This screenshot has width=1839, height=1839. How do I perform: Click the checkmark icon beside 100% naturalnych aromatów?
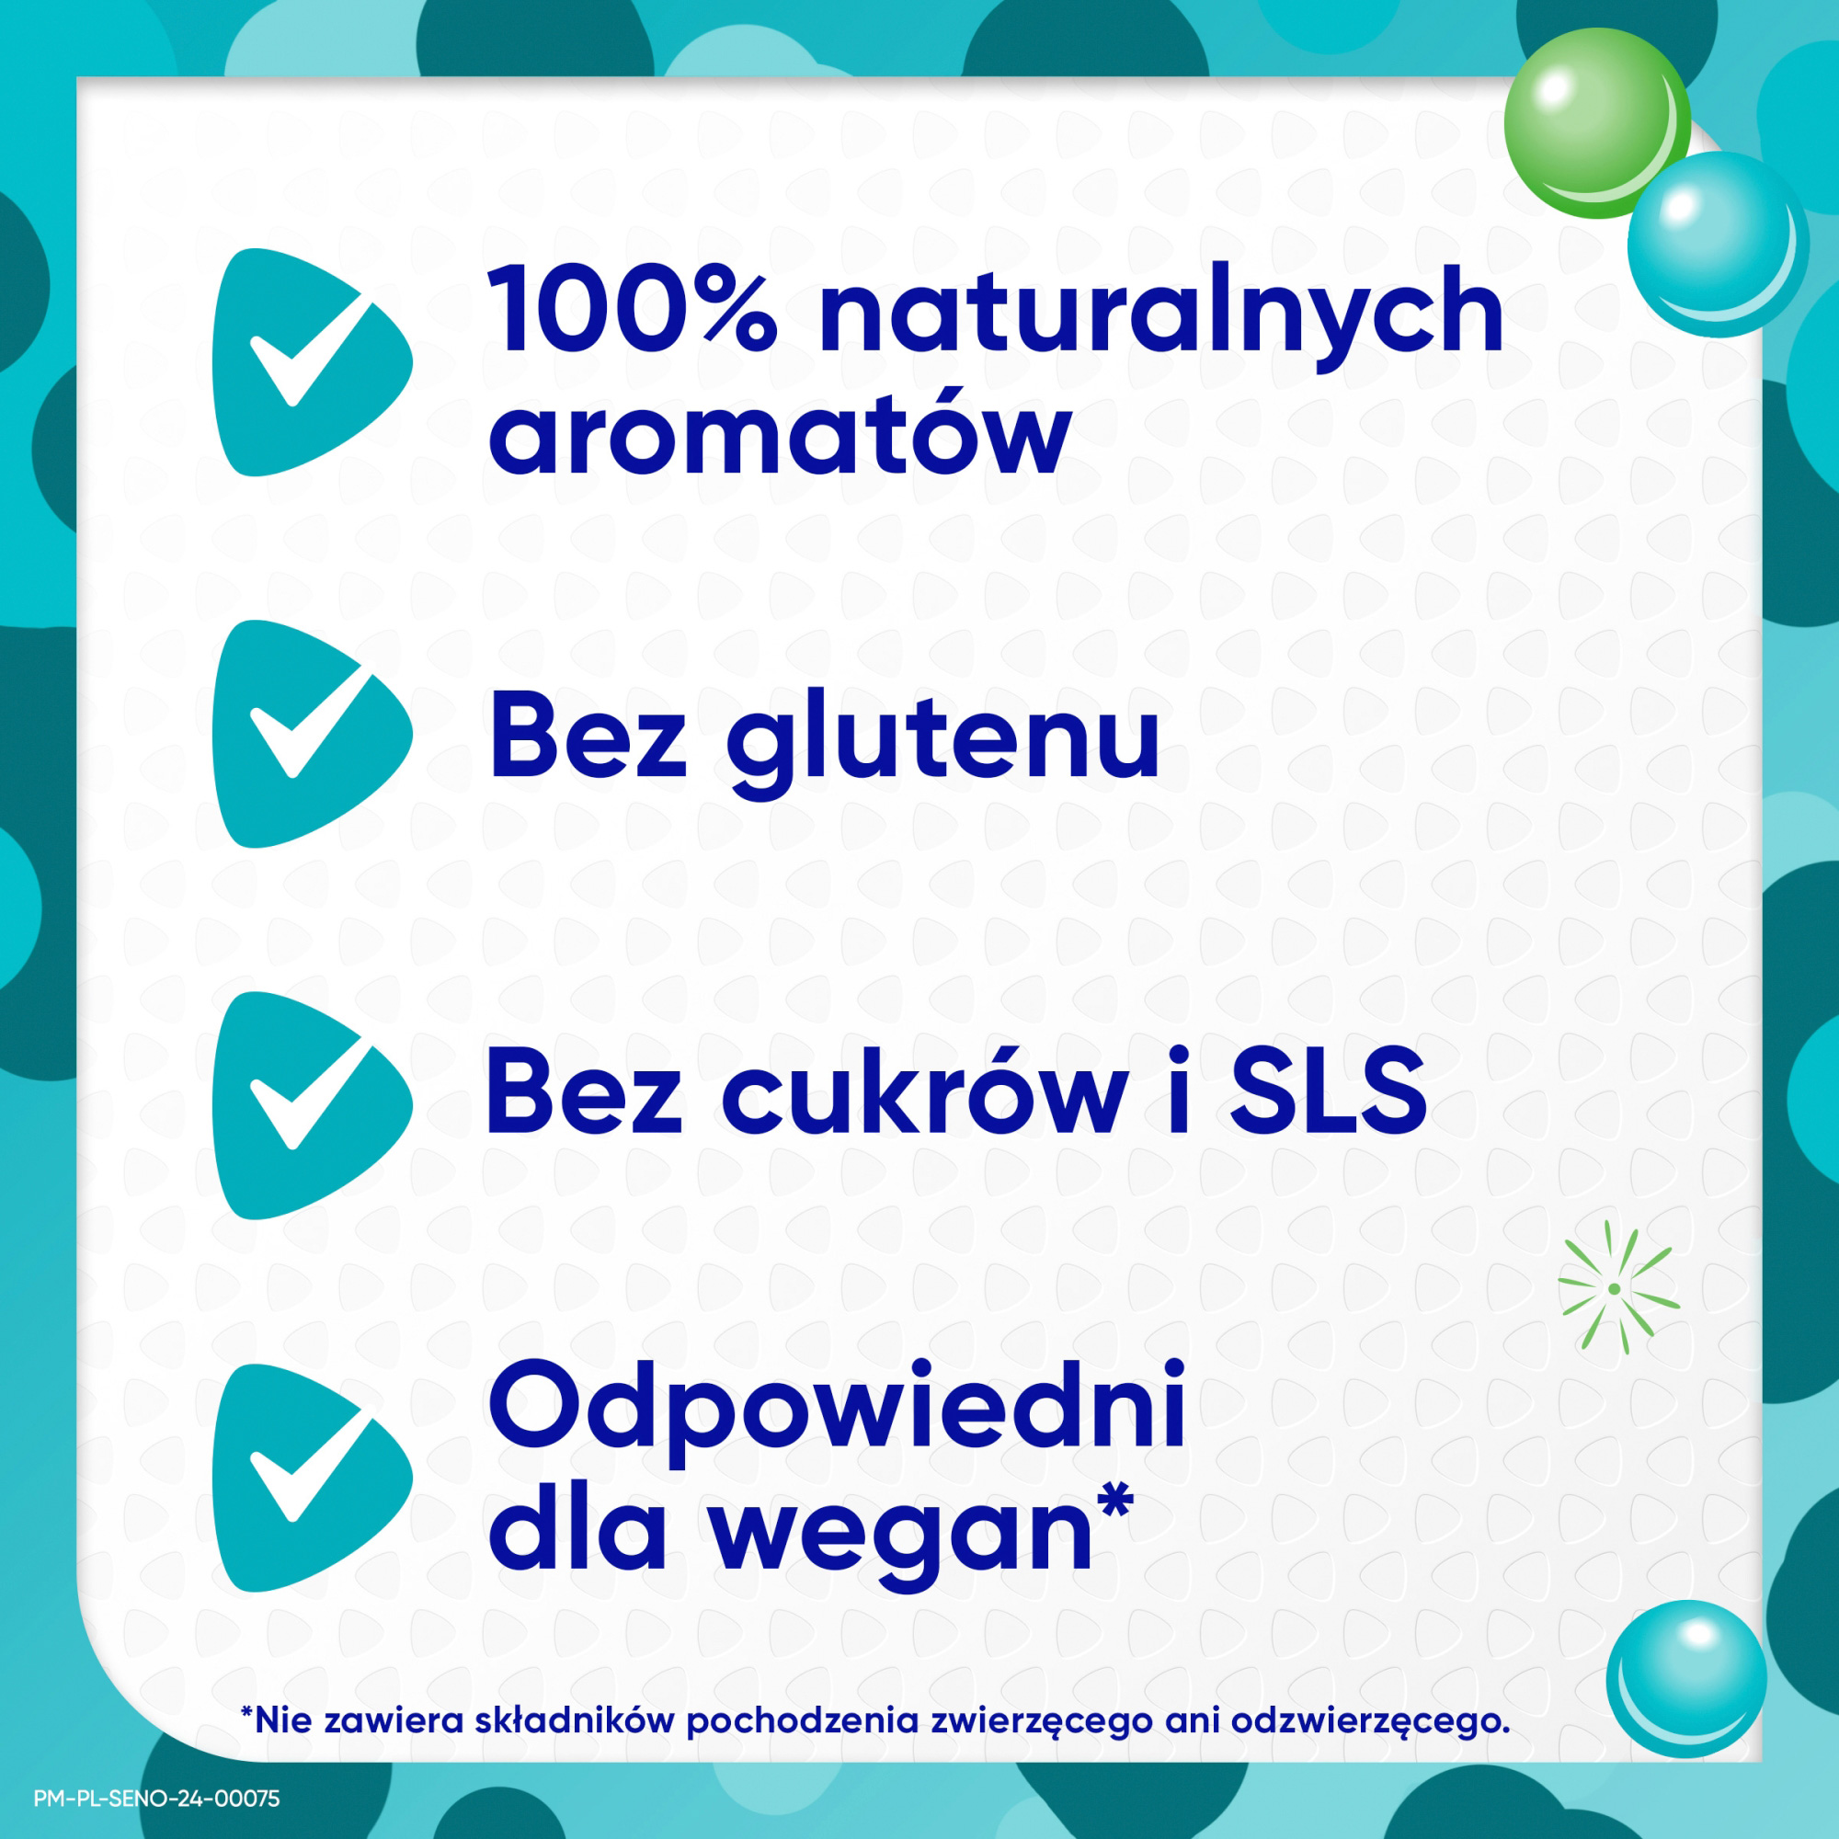pos(309,362)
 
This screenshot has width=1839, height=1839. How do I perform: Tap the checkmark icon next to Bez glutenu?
pos(309,734)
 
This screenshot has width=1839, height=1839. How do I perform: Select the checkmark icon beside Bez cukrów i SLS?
pos(309,1105)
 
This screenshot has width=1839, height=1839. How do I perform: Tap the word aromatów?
pos(780,435)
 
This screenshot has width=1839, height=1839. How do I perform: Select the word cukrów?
pos(924,1091)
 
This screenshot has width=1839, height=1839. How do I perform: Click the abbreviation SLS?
pos(1329,1091)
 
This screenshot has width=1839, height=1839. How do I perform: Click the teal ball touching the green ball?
pos(1716,243)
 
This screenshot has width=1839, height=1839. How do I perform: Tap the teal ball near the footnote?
pos(1685,1679)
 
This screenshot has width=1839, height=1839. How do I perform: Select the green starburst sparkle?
pos(1615,1289)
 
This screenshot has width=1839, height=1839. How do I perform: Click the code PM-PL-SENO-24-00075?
pos(157,1798)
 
